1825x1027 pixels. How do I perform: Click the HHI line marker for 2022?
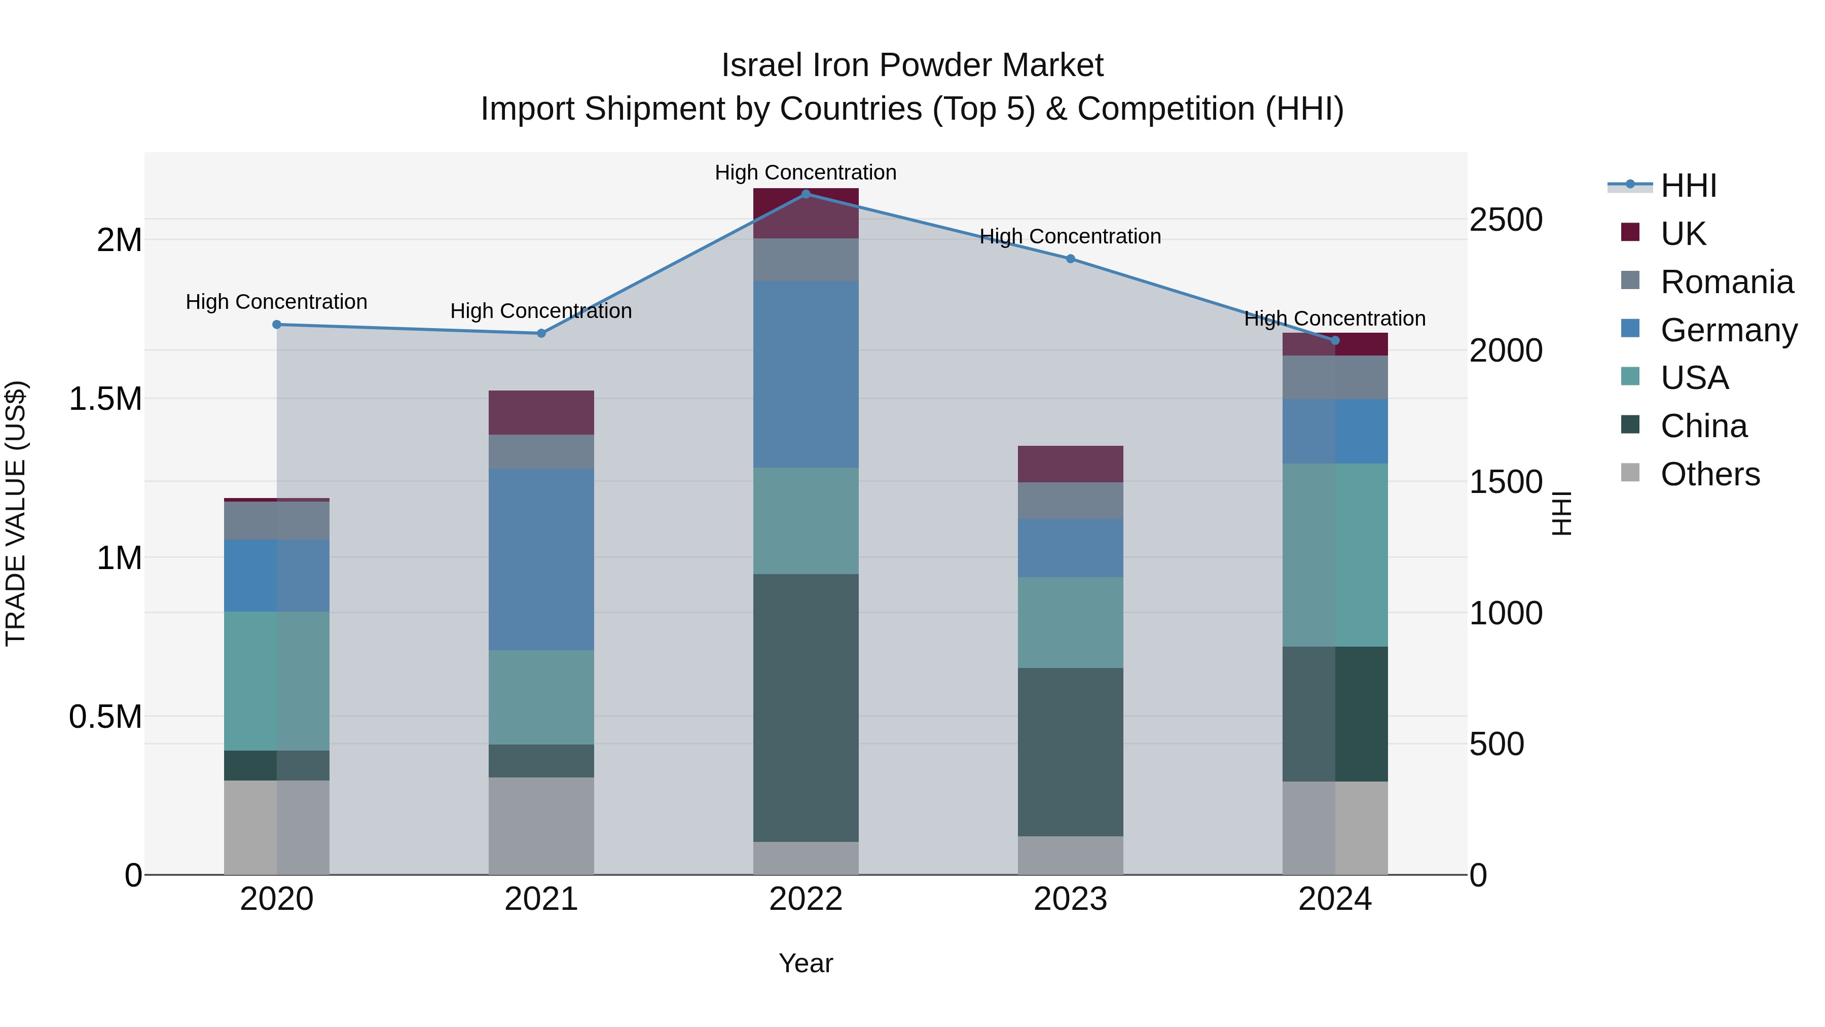click(806, 194)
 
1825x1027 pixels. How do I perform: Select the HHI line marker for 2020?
click(277, 325)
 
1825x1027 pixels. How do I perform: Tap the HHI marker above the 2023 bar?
click(1071, 259)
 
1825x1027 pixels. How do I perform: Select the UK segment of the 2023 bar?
click(1071, 464)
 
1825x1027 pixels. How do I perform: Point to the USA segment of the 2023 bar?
click(1071, 622)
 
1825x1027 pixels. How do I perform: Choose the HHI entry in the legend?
click(1688, 186)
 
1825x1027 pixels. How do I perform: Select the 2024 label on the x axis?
click(1335, 899)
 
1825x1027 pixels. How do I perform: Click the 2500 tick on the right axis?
click(1506, 220)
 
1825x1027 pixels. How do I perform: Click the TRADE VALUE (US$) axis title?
click(16, 513)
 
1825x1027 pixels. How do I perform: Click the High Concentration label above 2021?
click(541, 311)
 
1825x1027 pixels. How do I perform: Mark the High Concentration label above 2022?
click(806, 173)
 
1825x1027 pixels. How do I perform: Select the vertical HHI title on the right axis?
click(1561, 513)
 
